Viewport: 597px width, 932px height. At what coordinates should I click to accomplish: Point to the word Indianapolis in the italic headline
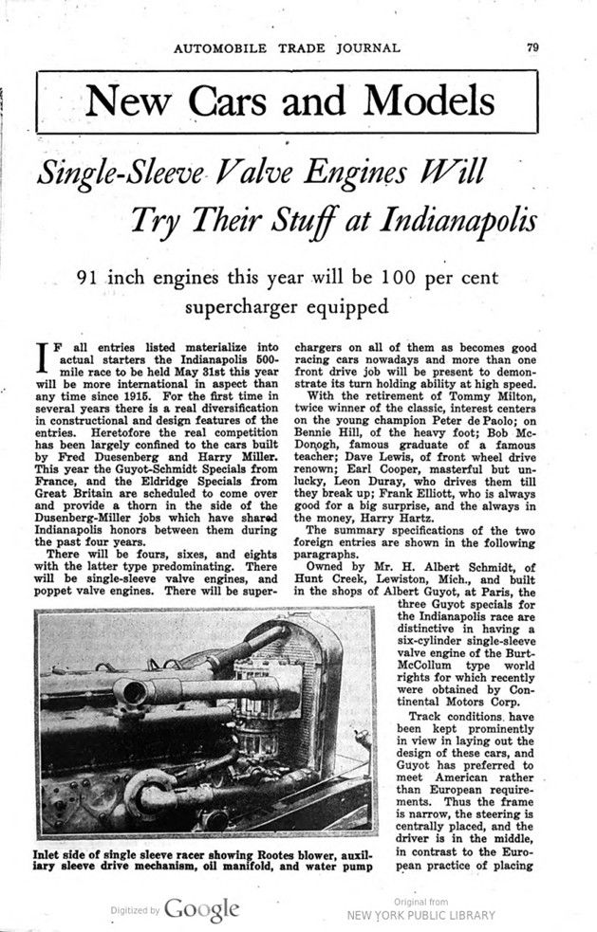click(459, 221)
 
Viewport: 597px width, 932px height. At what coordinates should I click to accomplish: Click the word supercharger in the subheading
click(244, 307)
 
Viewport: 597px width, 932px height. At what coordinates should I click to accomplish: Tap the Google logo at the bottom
click(202, 909)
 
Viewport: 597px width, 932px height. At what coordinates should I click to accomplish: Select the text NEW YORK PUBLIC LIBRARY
click(421, 915)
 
